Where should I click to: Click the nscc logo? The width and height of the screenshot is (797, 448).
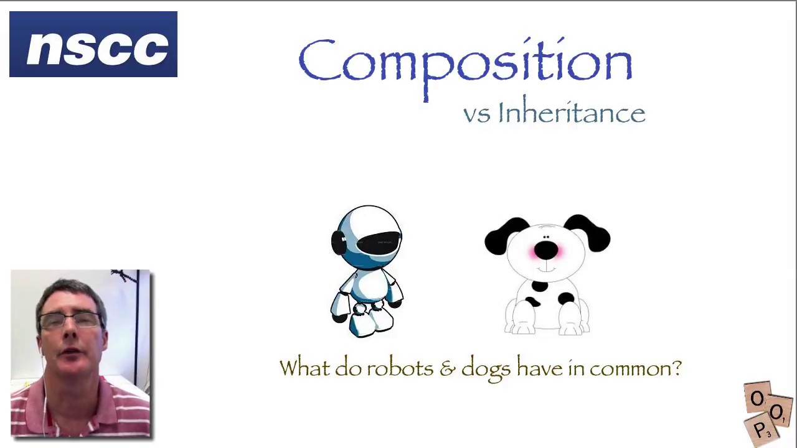click(93, 44)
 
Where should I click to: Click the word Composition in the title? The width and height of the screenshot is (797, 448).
click(465, 62)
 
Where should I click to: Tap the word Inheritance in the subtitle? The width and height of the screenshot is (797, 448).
click(571, 113)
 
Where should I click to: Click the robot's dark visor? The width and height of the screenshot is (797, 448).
click(379, 241)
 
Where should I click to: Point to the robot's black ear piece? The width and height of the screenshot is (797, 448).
click(338, 242)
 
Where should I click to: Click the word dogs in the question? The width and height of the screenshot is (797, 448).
click(486, 368)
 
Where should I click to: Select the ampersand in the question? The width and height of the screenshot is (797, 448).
click(447, 368)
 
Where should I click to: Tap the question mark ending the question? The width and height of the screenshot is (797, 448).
click(677, 368)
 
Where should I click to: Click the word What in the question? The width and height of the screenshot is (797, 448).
click(304, 368)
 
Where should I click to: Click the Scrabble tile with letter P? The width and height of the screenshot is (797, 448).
click(760, 430)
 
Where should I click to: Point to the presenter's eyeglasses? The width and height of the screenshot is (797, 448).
click(70, 320)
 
